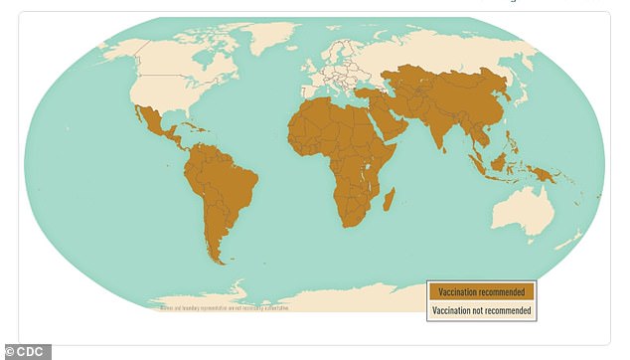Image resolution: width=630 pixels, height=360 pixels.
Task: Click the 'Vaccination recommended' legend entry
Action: pos(481,292)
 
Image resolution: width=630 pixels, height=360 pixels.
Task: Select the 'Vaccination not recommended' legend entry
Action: pos(481,311)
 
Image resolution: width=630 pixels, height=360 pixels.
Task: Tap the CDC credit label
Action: pos(26,351)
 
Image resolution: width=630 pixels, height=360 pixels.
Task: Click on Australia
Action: pos(522,210)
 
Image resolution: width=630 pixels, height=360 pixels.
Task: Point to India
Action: pos(441,128)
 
